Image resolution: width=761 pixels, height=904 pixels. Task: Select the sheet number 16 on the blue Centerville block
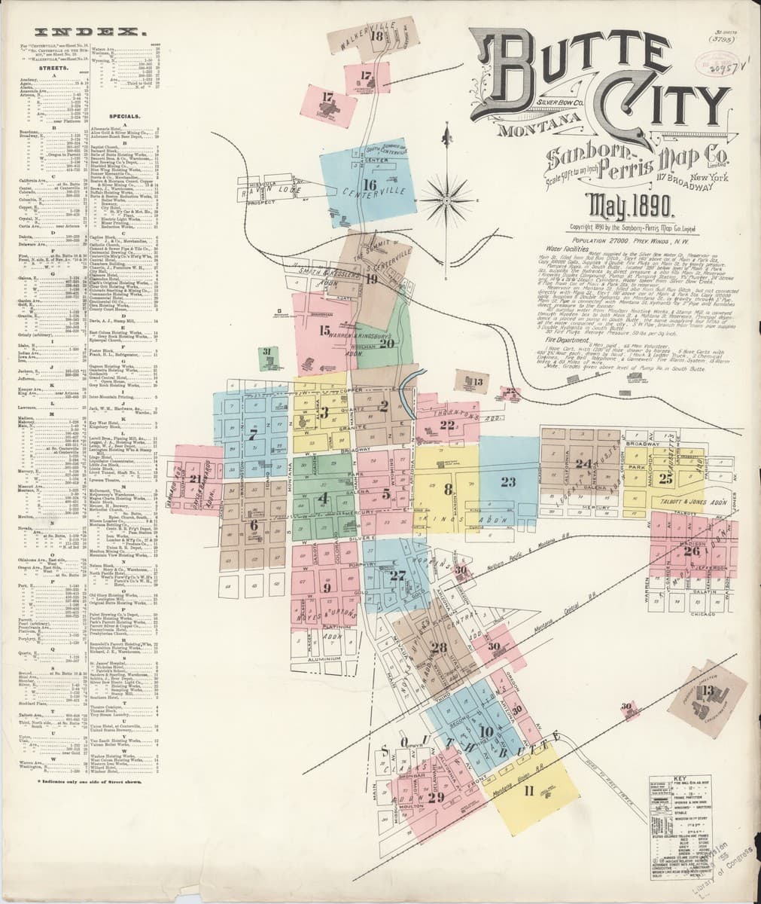pos(369,184)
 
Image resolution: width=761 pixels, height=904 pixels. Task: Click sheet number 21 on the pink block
pos(196,478)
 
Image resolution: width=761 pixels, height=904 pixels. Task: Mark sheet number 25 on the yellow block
pos(665,477)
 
